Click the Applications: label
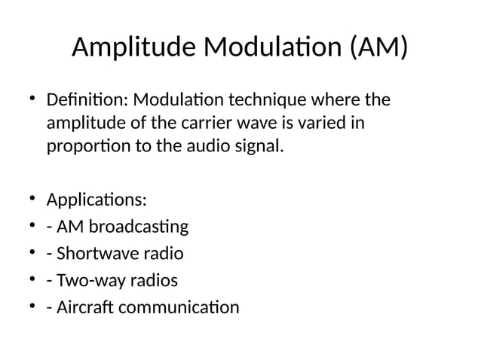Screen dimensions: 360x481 pyautogui.click(x=97, y=201)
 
